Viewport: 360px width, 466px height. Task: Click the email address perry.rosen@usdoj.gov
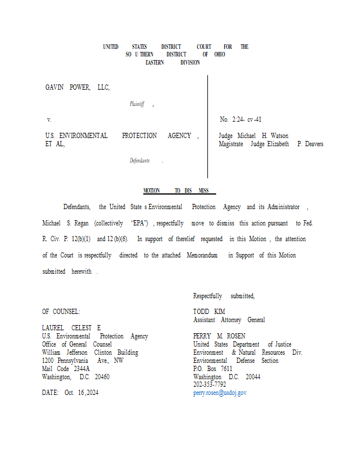pos(220,393)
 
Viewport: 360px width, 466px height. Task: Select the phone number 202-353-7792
pos(210,385)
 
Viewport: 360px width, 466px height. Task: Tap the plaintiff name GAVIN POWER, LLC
pos(77,88)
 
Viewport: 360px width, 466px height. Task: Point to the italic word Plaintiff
pos(137,104)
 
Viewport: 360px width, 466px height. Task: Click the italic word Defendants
pos(140,161)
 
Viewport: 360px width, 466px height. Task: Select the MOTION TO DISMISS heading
pos(179,191)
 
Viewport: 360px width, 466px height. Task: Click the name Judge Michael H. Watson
pos(253,136)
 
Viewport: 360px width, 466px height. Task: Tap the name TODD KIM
pos(209,312)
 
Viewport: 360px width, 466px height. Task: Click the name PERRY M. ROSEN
pos(219,336)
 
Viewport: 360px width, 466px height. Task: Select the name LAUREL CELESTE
pos(72,329)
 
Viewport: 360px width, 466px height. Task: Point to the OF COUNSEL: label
pos(61,312)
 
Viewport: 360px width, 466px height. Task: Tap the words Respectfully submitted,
pos(224,296)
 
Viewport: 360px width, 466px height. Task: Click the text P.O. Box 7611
pos(213,369)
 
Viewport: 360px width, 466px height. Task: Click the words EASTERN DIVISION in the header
pos(172,63)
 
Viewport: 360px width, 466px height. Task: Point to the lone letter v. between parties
pos(49,120)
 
